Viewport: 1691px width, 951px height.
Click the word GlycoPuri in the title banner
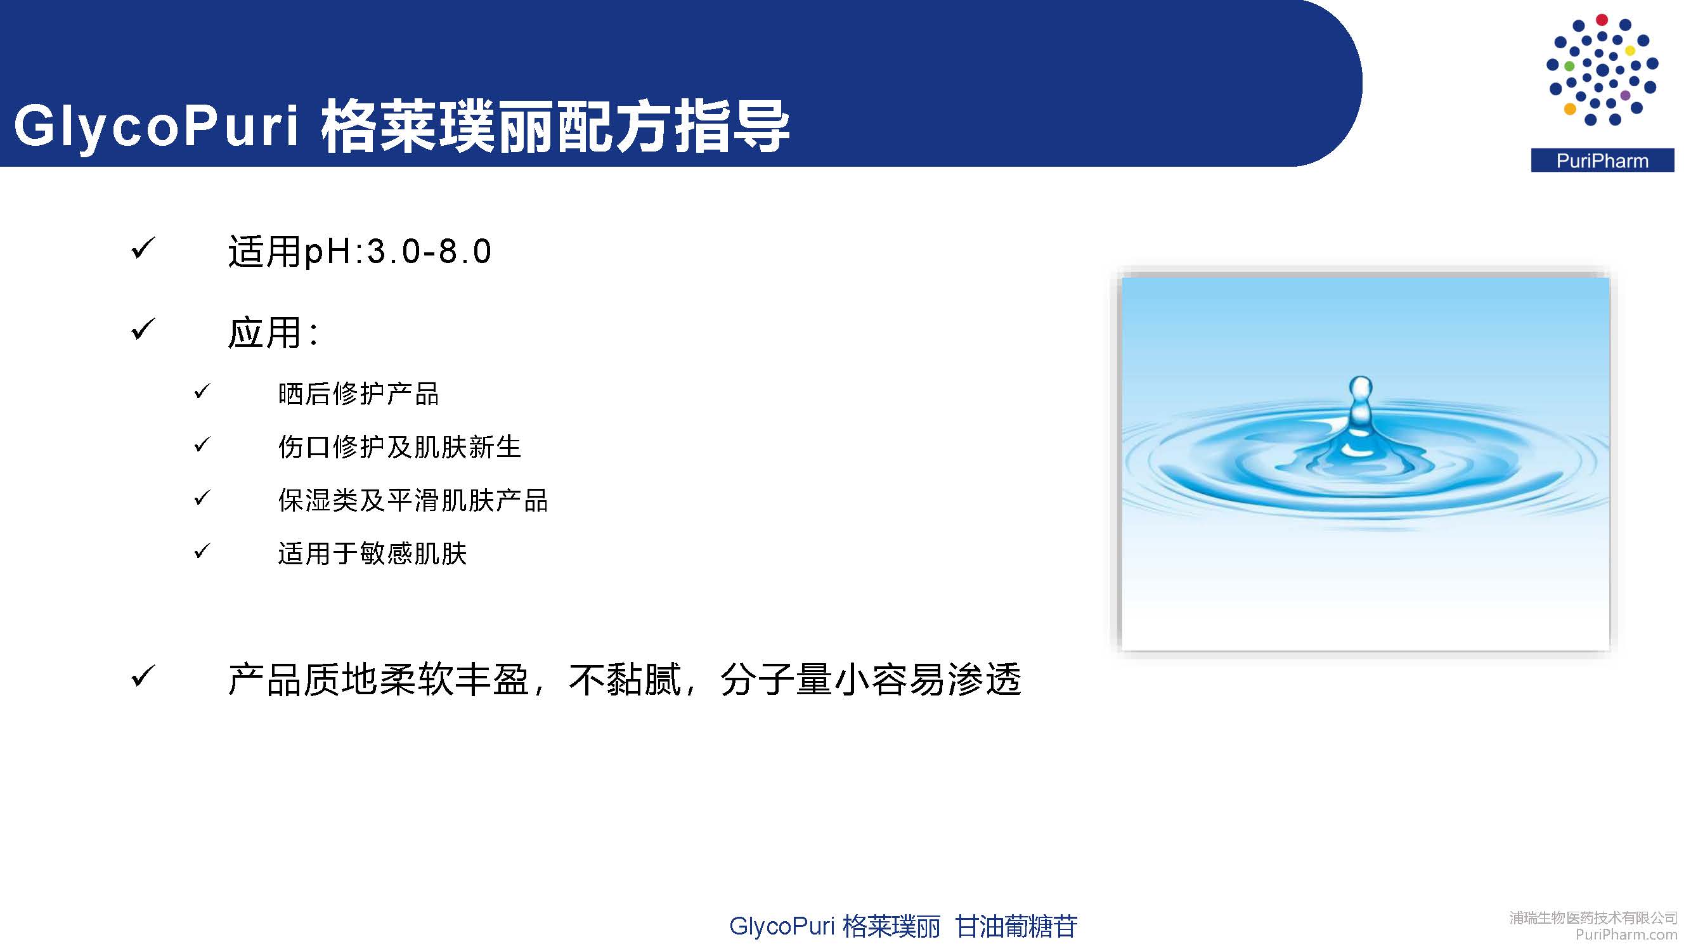click(156, 126)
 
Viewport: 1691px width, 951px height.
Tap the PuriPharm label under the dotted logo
click(1602, 161)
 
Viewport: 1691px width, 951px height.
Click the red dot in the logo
click(1602, 20)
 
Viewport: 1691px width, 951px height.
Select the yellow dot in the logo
click(1630, 51)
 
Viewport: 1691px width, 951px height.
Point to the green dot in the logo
click(1569, 67)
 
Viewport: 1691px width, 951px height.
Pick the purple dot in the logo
click(1625, 96)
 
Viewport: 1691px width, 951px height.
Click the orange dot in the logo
click(1569, 109)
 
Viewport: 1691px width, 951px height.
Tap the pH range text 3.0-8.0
click(428, 251)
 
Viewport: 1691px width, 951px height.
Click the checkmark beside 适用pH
click(143, 248)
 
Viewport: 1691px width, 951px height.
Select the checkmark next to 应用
click(143, 329)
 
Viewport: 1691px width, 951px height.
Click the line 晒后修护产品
click(358, 394)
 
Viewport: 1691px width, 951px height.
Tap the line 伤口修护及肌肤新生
click(399, 447)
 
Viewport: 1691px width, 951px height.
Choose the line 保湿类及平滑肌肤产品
click(413, 500)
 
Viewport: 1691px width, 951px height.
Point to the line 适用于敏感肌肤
click(372, 553)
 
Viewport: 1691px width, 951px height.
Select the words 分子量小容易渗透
click(871, 679)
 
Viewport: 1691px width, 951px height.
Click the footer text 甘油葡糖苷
click(1016, 926)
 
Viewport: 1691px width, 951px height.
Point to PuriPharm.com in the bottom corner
click(1626, 934)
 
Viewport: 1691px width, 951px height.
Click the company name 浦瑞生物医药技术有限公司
click(1593, 917)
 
